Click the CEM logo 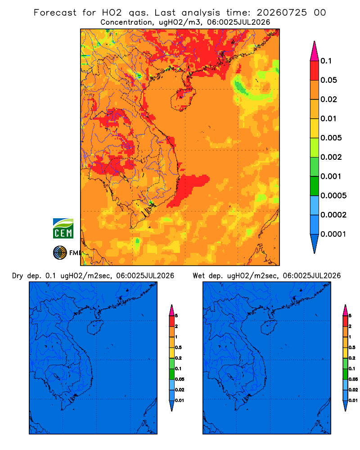point(63,229)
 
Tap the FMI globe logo point(60,253)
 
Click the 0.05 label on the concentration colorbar point(328,80)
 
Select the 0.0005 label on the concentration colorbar point(333,196)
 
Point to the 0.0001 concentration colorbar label point(333,234)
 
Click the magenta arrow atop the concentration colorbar point(315,51)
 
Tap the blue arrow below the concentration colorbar point(315,243)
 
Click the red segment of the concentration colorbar point(315,71)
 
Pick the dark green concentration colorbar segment point(315,186)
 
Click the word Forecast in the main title point(55,13)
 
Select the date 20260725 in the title point(282,13)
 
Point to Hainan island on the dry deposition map point(94,328)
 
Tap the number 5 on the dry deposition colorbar point(176,316)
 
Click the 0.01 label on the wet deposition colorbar point(353,400)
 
